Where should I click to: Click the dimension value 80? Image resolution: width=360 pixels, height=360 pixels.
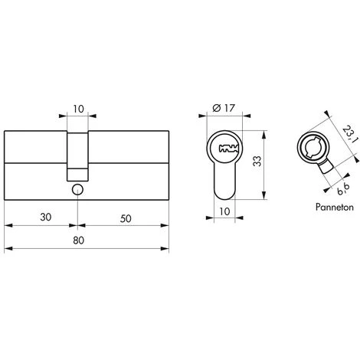(x=78, y=241)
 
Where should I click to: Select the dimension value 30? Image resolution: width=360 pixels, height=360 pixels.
(x=46, y=218)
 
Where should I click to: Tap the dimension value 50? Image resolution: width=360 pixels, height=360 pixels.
(x=126, y=218)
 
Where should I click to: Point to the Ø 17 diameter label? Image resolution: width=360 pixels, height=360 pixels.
(x=224, y=108)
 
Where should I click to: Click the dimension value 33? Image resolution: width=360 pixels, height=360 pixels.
(x=257, y=161)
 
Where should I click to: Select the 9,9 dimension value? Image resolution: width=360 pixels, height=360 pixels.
(x=343, y=188)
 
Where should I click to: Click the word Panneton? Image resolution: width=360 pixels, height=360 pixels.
(x=335, y=207)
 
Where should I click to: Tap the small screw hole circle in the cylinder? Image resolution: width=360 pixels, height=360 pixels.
(x=77, y=190)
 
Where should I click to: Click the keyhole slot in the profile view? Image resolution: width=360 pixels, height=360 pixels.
(x=228, y=149)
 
